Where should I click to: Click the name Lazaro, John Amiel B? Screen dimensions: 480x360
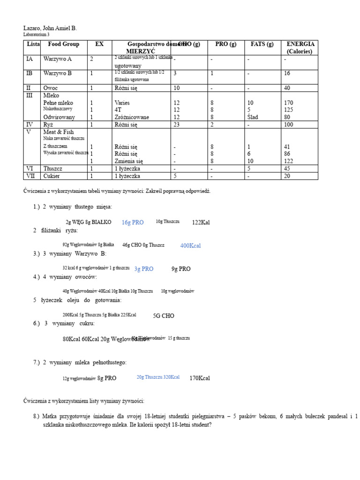pyautogui.click(x=50, y=28)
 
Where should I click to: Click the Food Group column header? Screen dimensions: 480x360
pyautogui.click(x=64, y=45)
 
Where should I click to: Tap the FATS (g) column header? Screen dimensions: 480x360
pyautogui.click(x=262, y=45)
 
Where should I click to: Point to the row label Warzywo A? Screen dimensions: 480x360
pyautogui.click(x=58, y=60)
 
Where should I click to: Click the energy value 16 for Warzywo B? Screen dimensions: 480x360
pyautogui.click(x=287, y=74)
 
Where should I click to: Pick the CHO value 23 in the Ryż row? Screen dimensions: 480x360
pyautogui.click(x=177, y=125)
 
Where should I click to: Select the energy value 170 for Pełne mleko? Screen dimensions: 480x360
pyautogui.click(x=289, y=103)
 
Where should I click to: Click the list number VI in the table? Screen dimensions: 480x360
pyautogui.click(x=30, y=168)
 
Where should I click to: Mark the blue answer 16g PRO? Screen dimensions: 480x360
pyautogui.click(x=133, y=223)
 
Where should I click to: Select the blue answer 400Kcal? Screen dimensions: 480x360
pyautogui.click(x=190, y=246)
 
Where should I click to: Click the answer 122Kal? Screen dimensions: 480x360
pyautogui.click(x=201, y=223)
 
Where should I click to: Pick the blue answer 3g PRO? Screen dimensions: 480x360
pyautogui.click(x=144, y=269)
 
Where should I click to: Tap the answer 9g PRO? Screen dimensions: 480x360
pyautogui.click(x=181, y=269)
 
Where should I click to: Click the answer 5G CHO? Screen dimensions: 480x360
pyautogui.click(x=164, y=316)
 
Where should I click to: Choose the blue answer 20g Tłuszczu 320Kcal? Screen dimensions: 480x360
pyautogui.click(x=158, y=377)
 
